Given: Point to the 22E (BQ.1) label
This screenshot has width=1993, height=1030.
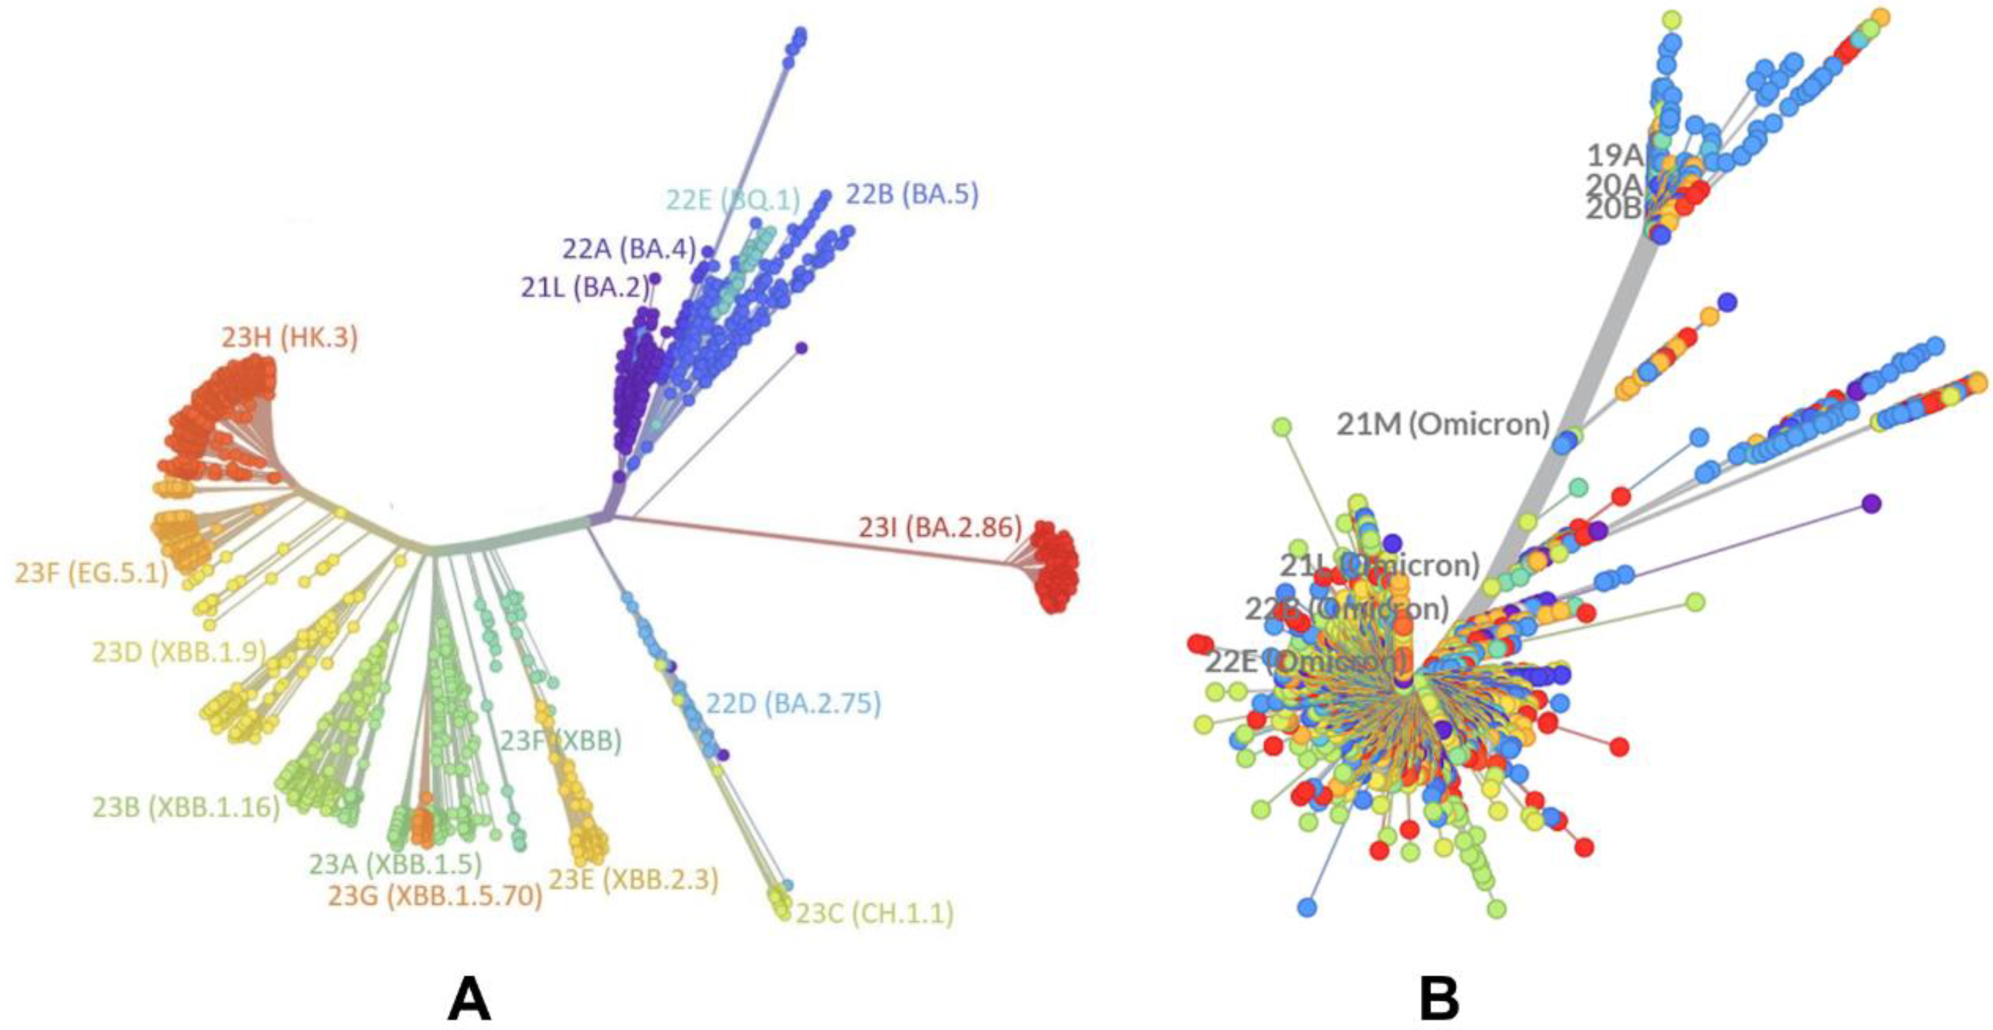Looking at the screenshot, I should point(733,200).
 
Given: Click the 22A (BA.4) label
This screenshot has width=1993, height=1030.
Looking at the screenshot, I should point(629,248).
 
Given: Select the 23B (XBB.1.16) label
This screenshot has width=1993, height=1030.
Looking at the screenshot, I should point(186,807).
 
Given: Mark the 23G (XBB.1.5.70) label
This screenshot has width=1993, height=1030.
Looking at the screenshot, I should point(435,895).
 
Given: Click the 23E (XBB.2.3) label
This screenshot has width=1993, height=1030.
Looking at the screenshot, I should point(634,878).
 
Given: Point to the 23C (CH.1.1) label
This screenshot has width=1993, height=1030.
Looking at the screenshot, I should point(874,914).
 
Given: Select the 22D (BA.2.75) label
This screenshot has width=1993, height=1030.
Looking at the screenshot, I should point(793,703).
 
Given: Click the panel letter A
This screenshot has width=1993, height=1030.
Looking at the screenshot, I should point(469,998).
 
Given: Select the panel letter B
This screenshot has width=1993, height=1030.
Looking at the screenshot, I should point(1440,998).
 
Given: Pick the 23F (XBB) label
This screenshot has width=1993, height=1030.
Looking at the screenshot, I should point(560,741).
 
